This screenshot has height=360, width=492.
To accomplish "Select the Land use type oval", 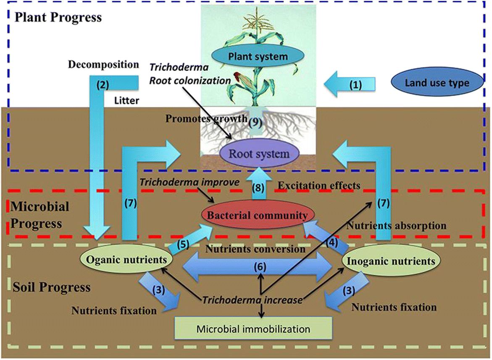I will [x=437, y=83].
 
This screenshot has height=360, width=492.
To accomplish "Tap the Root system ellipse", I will [x=259, y=153].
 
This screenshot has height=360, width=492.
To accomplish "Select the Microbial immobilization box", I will [x=253, y=329].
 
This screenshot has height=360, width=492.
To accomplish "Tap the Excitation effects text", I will [x=320, y=185].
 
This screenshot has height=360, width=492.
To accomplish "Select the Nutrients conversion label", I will [x=255, y=249].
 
